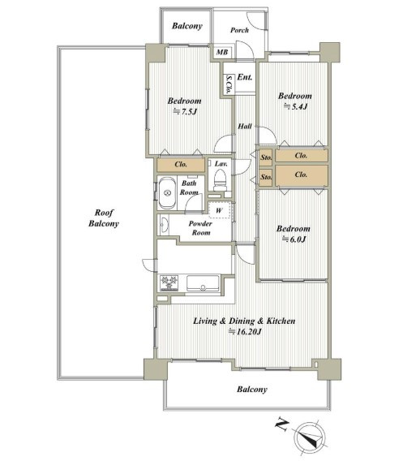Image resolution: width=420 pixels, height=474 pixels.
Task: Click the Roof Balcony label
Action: [104, 218]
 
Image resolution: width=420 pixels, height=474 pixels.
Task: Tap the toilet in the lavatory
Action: [220, 180]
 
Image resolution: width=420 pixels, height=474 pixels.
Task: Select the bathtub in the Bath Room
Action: [167, 193]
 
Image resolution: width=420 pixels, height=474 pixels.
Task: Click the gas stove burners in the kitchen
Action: [169, 283]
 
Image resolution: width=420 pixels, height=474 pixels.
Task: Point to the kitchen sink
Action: [203, 283]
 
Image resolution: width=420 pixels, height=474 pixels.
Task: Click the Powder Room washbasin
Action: [165, 225]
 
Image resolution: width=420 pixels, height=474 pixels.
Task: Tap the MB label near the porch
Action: [222, 52]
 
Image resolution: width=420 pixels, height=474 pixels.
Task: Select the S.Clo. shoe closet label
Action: [229, 84]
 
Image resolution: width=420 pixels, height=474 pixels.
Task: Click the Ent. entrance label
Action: [245, 77]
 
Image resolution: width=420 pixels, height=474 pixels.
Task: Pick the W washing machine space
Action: [220, 209]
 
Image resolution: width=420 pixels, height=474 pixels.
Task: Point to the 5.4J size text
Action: [295, 106]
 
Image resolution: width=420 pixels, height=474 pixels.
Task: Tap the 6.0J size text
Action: [294, 239]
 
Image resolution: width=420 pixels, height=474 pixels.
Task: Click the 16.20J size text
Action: [245, 332]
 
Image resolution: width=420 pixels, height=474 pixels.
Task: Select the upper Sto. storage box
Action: [266, 157]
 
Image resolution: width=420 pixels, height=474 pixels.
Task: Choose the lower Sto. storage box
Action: [266, 177]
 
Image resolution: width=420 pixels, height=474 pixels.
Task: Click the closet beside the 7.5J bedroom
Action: [181, 165]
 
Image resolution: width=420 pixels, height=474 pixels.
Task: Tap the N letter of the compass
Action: [281, 424]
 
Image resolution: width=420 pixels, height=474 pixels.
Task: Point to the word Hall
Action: [245, 126]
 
